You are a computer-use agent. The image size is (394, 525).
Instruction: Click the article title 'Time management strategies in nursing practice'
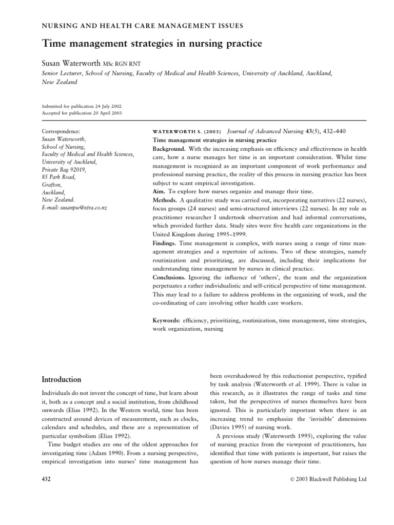151,44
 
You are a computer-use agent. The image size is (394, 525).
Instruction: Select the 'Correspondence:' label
61,131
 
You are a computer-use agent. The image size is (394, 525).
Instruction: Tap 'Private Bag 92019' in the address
64,169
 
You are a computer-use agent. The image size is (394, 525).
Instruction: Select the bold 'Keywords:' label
167,320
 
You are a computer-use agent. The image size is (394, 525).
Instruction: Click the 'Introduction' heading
61,380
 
